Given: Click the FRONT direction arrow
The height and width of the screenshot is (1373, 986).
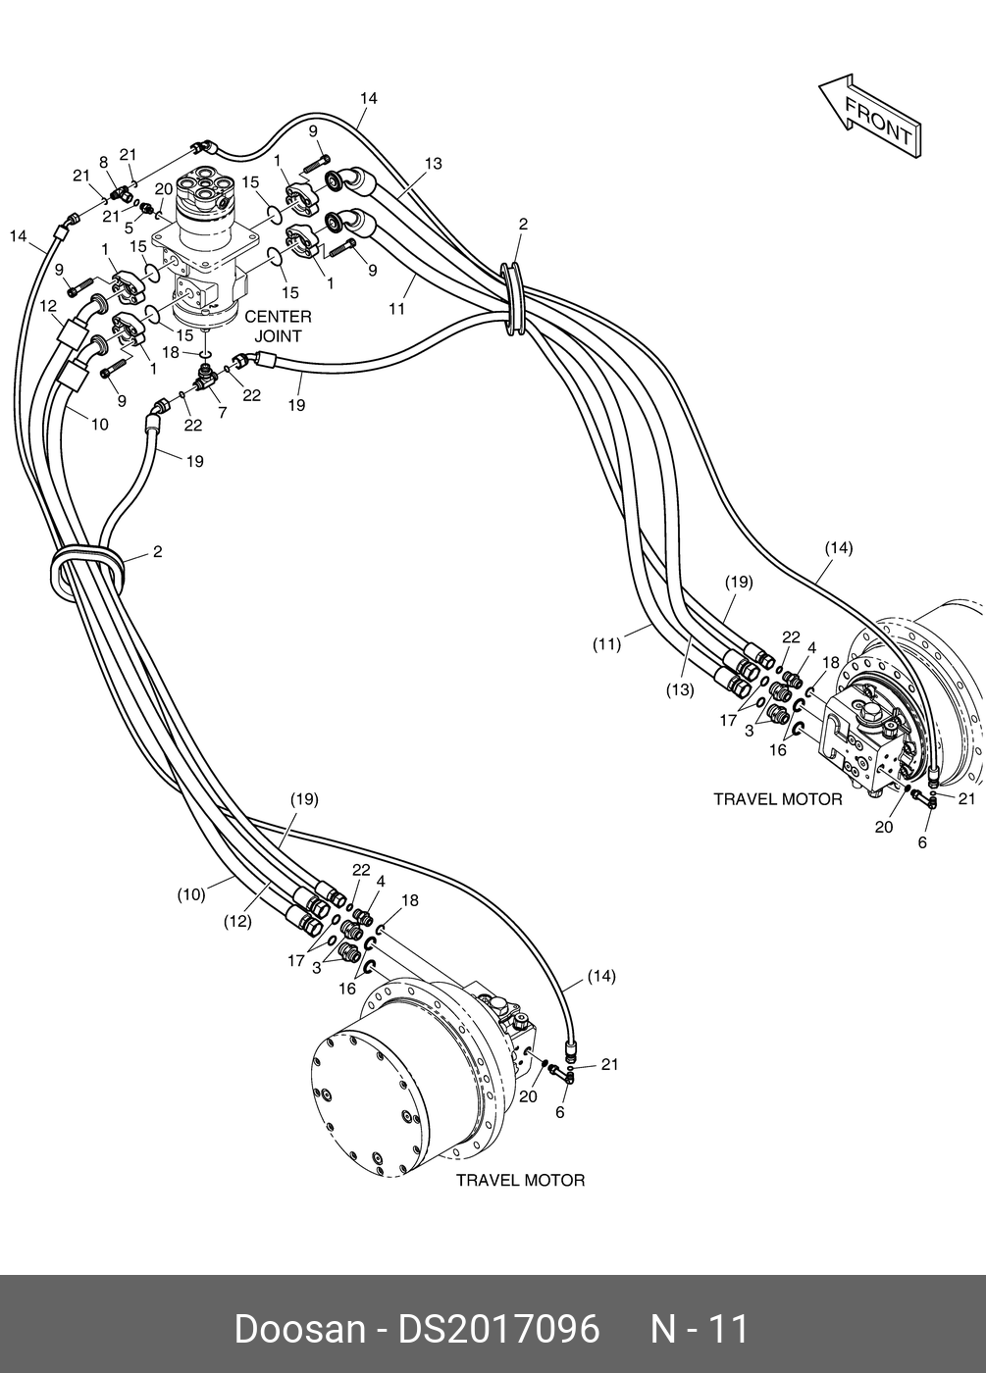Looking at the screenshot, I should (x=869, y=117).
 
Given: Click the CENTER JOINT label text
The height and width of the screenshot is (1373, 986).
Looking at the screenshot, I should (x=278, y=326).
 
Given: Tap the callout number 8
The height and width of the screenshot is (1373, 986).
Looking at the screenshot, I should (x=103, y=162).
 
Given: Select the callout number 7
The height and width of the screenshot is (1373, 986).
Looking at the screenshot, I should (x=223, y=413).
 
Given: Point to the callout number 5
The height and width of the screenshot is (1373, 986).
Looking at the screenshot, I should (x=129, y=228).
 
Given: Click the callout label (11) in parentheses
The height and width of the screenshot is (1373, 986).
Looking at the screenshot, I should (x=607, y=644).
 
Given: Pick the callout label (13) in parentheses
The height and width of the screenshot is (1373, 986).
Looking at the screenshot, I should (x=680, y=689).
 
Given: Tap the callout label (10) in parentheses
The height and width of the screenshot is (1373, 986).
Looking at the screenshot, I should (x=191, y=893).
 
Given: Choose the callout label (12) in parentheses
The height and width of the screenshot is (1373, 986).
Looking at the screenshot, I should (x=237, y=921).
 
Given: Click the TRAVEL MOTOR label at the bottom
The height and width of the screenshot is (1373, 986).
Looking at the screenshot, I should (x=520, y=1180).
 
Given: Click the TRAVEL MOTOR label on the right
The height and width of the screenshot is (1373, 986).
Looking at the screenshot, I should (x=777, y=799).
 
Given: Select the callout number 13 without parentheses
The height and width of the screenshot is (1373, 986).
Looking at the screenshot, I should (x=433, y=163).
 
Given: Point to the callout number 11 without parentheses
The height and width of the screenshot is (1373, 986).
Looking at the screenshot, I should (x=396, y=308).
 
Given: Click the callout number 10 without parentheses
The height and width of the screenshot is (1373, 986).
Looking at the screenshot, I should (x=100, y=424).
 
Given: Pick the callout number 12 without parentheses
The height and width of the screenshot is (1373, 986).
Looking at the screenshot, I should (x=49, y=306).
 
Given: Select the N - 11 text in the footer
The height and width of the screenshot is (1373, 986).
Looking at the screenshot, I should (x=701, y=1329).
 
